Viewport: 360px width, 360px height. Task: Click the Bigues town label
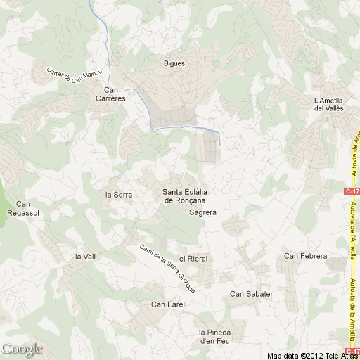pyautogui.click(x=174, y=63)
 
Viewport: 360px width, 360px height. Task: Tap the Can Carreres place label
pyautogui.click(x=115, y=94)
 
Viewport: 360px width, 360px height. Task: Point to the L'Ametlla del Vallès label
pyautogui.click(x=328, y=103)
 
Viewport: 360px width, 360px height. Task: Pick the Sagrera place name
pyautogui.click(x=202, y=212)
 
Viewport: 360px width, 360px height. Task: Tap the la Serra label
pyautogui.click(x=118, y=194)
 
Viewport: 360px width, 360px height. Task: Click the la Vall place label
pyautogui.click(x=84, y=257)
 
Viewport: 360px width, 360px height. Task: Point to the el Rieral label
pyautogui.click(x=193, y=259)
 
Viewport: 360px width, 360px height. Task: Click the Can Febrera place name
pyautogui.click(x=305, y=256)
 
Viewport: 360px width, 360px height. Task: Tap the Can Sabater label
pyautogui.click(x=251, y=293)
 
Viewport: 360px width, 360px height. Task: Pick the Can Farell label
pyautogui.click(x=169, y=304)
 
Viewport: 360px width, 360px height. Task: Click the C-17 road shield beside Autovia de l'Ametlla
pyautogui.click(x=352, y=191)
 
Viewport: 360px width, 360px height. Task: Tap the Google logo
pyautogui.click(x=22, y=349)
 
